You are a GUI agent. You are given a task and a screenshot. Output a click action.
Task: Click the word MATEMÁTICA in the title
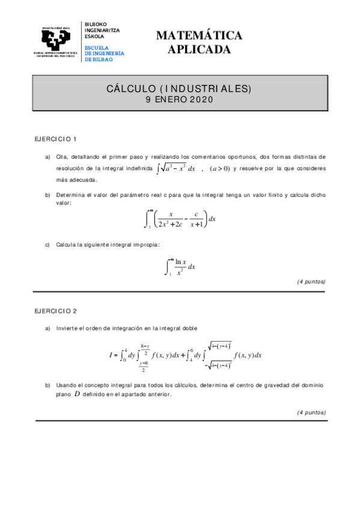199,36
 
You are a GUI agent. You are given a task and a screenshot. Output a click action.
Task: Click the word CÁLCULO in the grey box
129,89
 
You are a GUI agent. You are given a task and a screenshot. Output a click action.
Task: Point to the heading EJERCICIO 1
55,139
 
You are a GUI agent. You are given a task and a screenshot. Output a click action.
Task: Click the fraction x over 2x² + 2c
171,219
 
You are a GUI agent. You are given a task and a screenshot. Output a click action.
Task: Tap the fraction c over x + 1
197,219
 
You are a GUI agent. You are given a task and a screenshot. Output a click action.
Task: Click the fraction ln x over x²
180,266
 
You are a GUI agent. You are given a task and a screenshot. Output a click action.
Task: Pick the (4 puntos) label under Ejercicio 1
311,281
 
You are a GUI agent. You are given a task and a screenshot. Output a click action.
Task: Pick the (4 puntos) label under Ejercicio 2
311,413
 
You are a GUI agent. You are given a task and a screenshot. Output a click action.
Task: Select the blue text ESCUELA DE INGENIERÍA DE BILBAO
105,54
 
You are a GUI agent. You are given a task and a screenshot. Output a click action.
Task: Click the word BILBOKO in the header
96,22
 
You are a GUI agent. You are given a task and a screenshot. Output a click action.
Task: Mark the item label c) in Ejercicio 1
47,244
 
